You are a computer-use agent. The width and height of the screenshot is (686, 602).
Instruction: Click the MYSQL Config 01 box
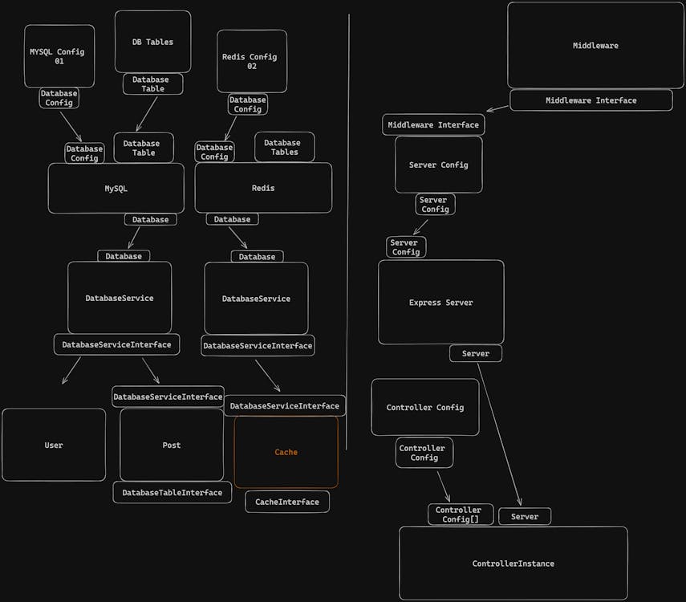pyautogui.click(x=59, y=55)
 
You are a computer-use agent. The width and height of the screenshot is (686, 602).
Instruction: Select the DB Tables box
pyautogui.click(x=152, y=42)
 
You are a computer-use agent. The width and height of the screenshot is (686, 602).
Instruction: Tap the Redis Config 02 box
pyautogui.click(x=251, y=61)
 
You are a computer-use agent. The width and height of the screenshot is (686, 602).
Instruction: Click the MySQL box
pyautogui.click(x=116, y=189)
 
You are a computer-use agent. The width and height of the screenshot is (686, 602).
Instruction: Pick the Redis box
pyautogui.click(x=263, y=188)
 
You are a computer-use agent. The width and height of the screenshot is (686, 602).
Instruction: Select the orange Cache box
pyautogui.click(x=286, y=452)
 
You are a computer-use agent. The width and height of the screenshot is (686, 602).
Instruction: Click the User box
pyautogui.click(x=54, y=445)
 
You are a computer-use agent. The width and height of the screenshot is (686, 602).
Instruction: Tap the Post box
pyautogui.click(x=172, y=445)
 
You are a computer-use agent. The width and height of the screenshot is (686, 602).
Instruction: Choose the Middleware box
pyautogui.click(x=595, y=46)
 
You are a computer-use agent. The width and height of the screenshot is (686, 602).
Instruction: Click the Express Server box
pyautogui.click(x=440, y=303)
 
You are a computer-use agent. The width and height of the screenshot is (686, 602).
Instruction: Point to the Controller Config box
pyautogui.click(x=424, y=407)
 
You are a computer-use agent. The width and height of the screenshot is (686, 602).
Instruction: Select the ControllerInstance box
pyautogui.click(x=513, y=563)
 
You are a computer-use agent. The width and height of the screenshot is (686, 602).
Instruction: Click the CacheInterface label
pyautogui.click(x=287, y=502)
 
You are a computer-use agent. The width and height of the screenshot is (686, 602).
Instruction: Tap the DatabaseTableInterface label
pyautogui.click(x=172, y=492)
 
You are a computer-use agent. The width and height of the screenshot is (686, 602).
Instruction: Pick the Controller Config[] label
pyautogui.click(x=458, y=515)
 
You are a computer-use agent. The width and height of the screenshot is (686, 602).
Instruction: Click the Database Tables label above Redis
pyautogui.click(x=284, y=147)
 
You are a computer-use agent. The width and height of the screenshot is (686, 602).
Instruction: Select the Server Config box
pyautogui.click(x=438, y=165)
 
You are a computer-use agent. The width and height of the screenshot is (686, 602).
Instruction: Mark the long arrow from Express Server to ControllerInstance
pyautogui.click(x=499, y=433)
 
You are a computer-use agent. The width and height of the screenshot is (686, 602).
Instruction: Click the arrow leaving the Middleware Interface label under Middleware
pyautogui.click(x=497, y=108)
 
